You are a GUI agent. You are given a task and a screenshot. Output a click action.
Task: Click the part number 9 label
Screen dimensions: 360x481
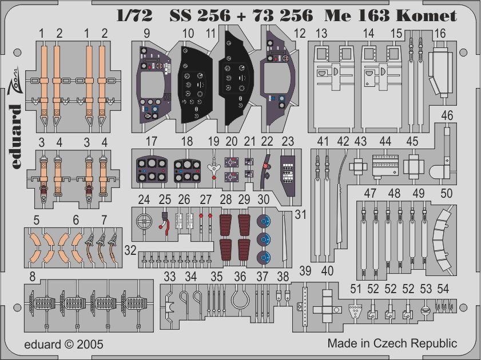click(147, 34)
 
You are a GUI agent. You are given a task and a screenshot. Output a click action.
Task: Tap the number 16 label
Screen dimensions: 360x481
click(440, 34)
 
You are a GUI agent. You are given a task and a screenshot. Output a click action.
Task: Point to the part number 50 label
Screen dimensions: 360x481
click(447, 194)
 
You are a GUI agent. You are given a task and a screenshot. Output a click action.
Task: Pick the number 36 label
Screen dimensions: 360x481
click(240, 277)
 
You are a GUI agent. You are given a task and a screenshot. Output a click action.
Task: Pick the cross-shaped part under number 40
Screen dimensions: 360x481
click(327, 302)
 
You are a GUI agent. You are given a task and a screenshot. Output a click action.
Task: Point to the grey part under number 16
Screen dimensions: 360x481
click(439, 69)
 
